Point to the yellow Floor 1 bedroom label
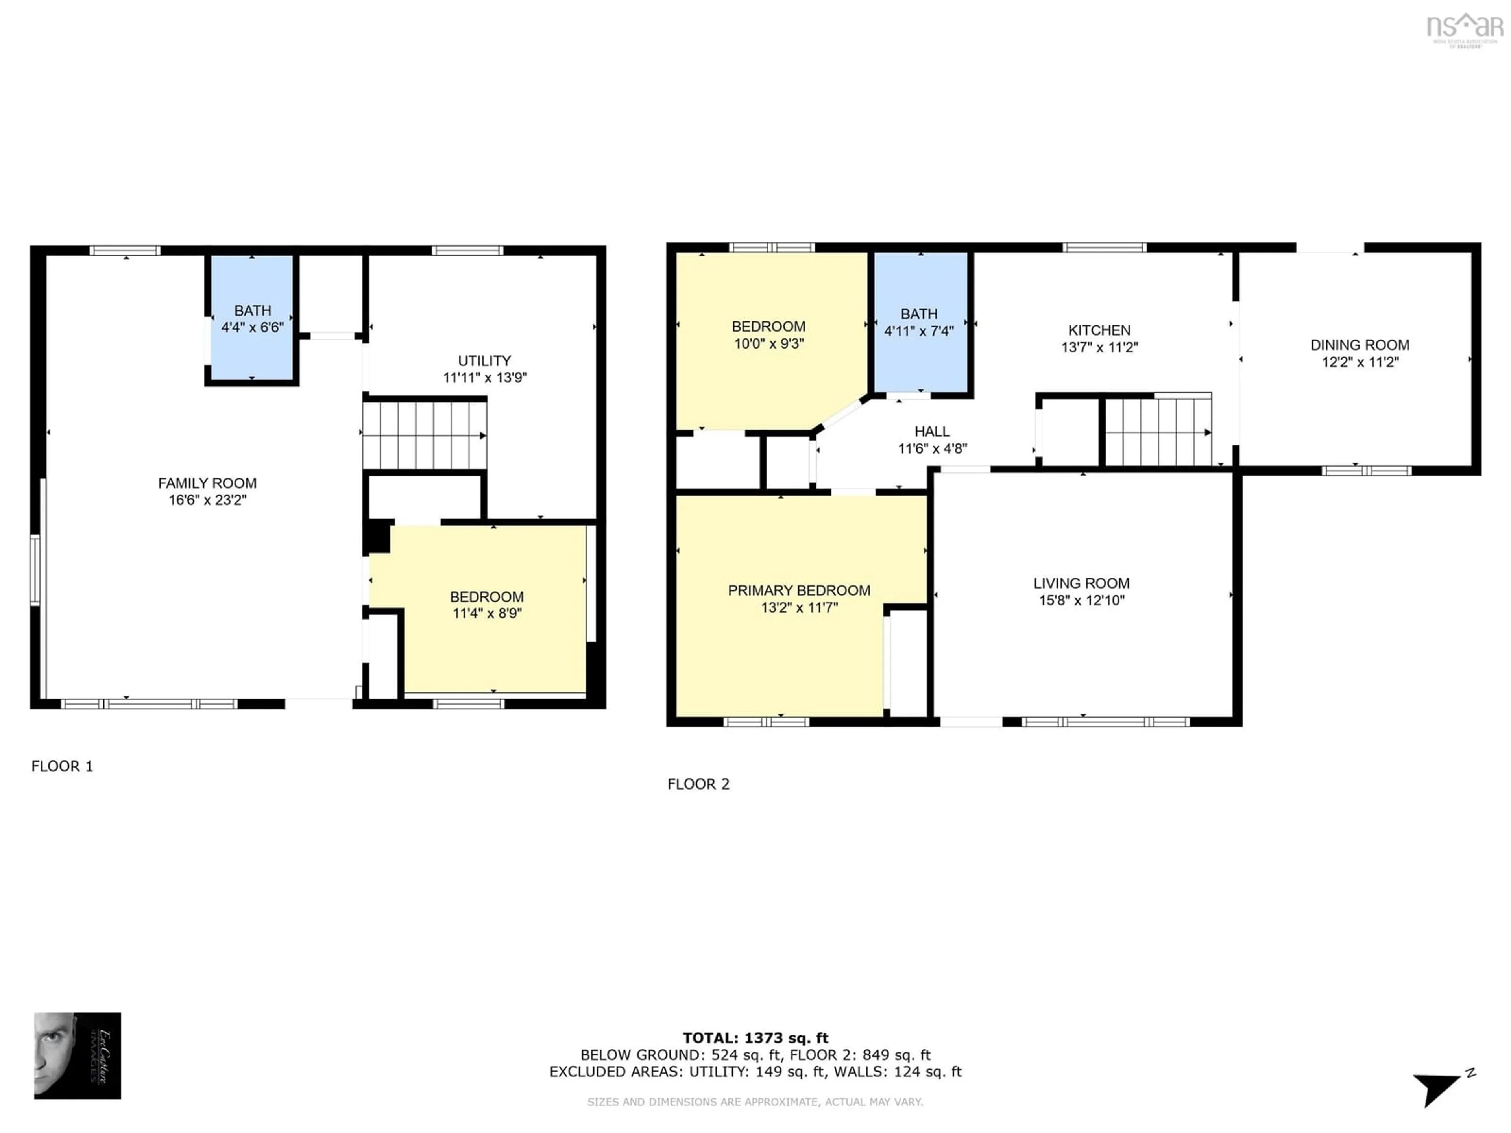point(486,597)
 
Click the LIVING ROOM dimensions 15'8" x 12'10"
point(1081,600)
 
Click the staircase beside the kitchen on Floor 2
point(1157,432)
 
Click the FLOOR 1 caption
point(62,766)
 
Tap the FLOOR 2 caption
point(698,784)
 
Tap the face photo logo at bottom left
point(77,1056)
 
